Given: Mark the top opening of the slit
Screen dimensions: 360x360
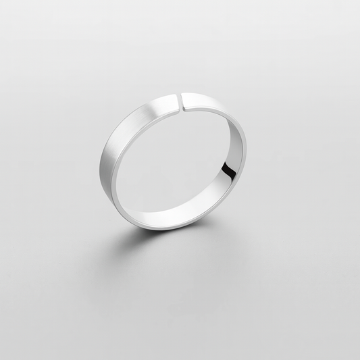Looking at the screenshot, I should (x=181, y=94).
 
